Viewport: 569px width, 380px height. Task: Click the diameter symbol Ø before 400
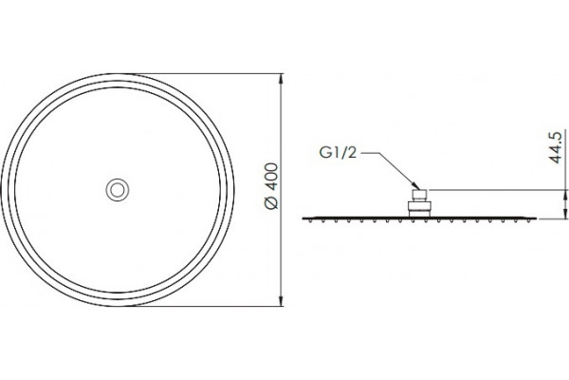272,201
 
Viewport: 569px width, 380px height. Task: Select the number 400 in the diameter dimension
272,177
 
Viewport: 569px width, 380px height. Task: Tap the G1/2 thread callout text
338,153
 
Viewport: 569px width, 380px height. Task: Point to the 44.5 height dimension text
556,147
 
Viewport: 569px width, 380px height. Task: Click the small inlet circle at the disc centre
118,190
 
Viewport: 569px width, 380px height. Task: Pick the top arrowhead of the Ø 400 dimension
281,79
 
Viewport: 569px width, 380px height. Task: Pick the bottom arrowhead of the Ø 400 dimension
281,301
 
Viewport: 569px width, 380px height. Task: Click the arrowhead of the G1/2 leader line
416,185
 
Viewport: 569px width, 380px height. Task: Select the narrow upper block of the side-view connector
419,196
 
